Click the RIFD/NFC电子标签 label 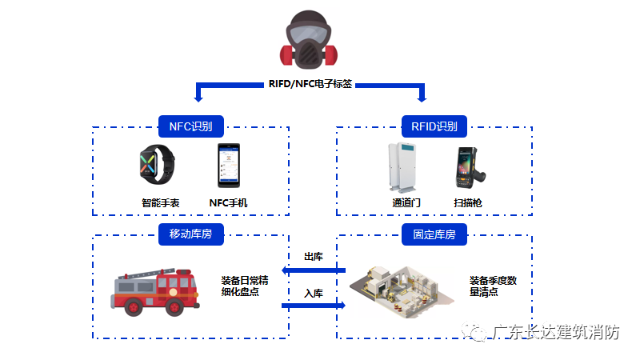click(x=310, y=84)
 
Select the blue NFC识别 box click(x=190, y=126)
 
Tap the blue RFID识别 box click(x=434, y=126)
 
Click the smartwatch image click(x=152, y=166)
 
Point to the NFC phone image click(x=228, y=166)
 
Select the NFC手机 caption click(x=228, y=203)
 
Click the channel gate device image click(x=406, y=167)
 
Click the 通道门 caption click(x=406, y=203)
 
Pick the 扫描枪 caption click(x=467, y=203)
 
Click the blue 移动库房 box click(x=190, y=234)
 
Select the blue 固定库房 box click(x=434, y=234)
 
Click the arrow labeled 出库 click(x=313, y=270)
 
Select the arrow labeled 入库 click(x=313, y=305)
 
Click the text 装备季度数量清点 click(x=493, y=286)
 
